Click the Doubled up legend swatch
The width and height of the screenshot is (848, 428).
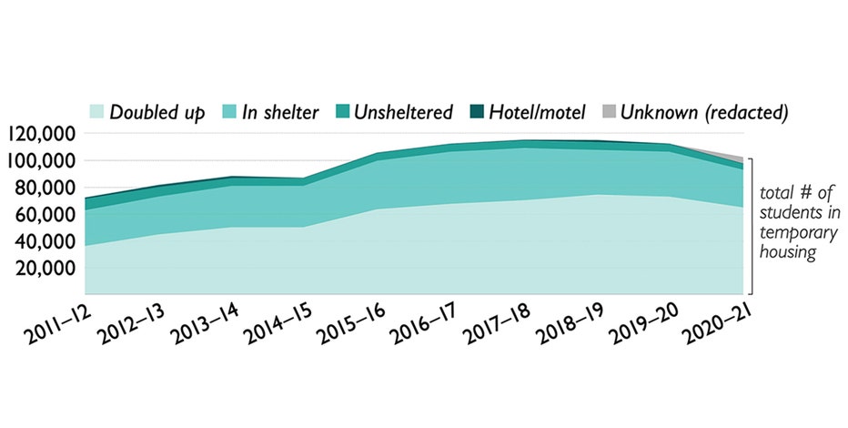pos(96,113)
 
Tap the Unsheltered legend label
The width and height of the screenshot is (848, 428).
pos(403,113)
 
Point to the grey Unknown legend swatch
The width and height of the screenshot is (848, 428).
pos(608,113)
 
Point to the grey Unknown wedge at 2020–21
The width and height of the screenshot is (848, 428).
pos(739,160)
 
